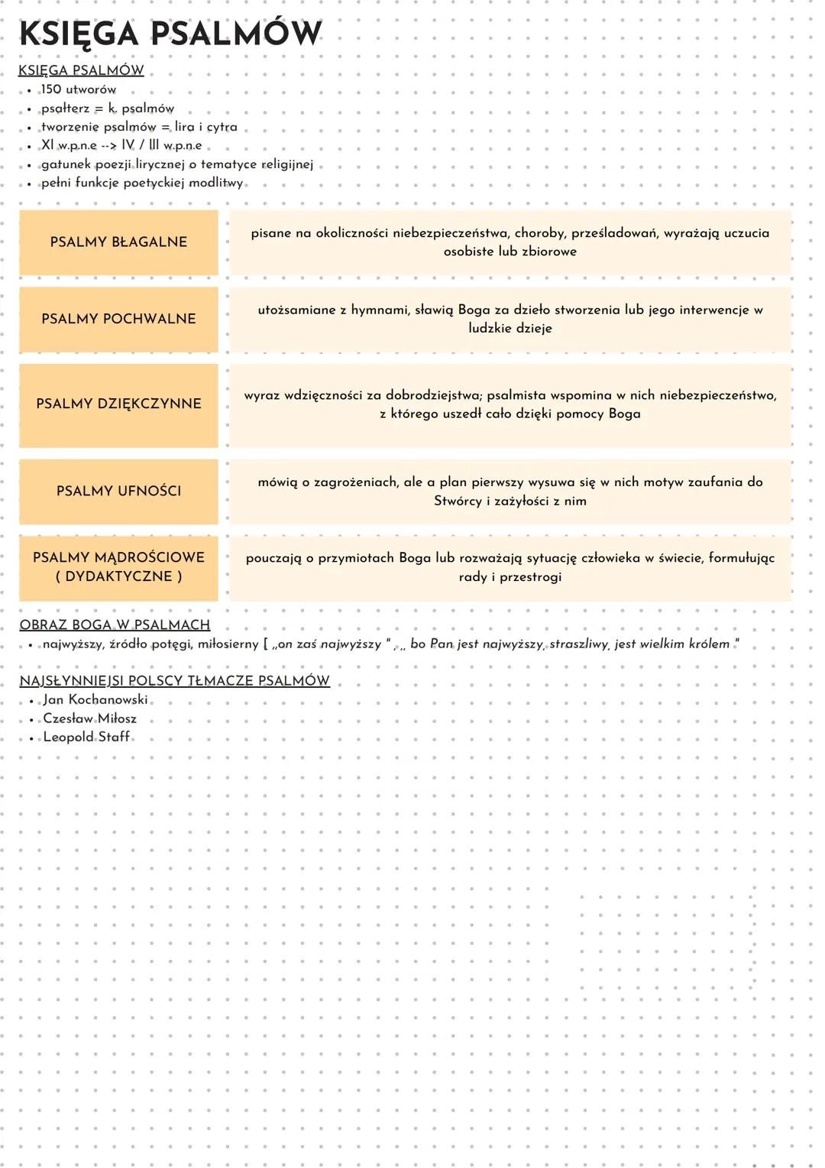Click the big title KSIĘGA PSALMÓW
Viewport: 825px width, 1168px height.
pos(170,34)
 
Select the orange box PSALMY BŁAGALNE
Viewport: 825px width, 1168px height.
pos(118,242)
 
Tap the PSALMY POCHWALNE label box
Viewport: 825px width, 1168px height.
pos(118,319)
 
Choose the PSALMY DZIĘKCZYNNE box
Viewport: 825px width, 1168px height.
pos(118,404)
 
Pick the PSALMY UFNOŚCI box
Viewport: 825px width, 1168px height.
pos(118,491)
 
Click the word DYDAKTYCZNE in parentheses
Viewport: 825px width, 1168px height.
pos(118,576)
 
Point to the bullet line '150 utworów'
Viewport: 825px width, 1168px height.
pos(79,89)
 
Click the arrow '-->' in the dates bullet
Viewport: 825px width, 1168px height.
pos(108,145)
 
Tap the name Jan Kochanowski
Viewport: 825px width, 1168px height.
pos(95,699)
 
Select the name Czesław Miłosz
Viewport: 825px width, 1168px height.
pos(89,719)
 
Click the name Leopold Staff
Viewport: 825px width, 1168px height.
pos(86,737)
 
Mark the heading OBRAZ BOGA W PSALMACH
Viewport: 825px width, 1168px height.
pos(115,625)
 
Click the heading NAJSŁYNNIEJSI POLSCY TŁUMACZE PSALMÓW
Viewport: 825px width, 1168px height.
pos(174,680)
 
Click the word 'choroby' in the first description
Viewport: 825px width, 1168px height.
pos(538,233)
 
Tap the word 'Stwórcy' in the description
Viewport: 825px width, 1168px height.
pos(458,501)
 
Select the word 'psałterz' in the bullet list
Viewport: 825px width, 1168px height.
pos(65,109)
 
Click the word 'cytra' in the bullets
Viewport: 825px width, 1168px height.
pos(222,127)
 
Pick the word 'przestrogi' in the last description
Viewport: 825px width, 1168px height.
pos(530,577)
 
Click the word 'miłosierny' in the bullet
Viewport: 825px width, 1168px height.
pos(228,644)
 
